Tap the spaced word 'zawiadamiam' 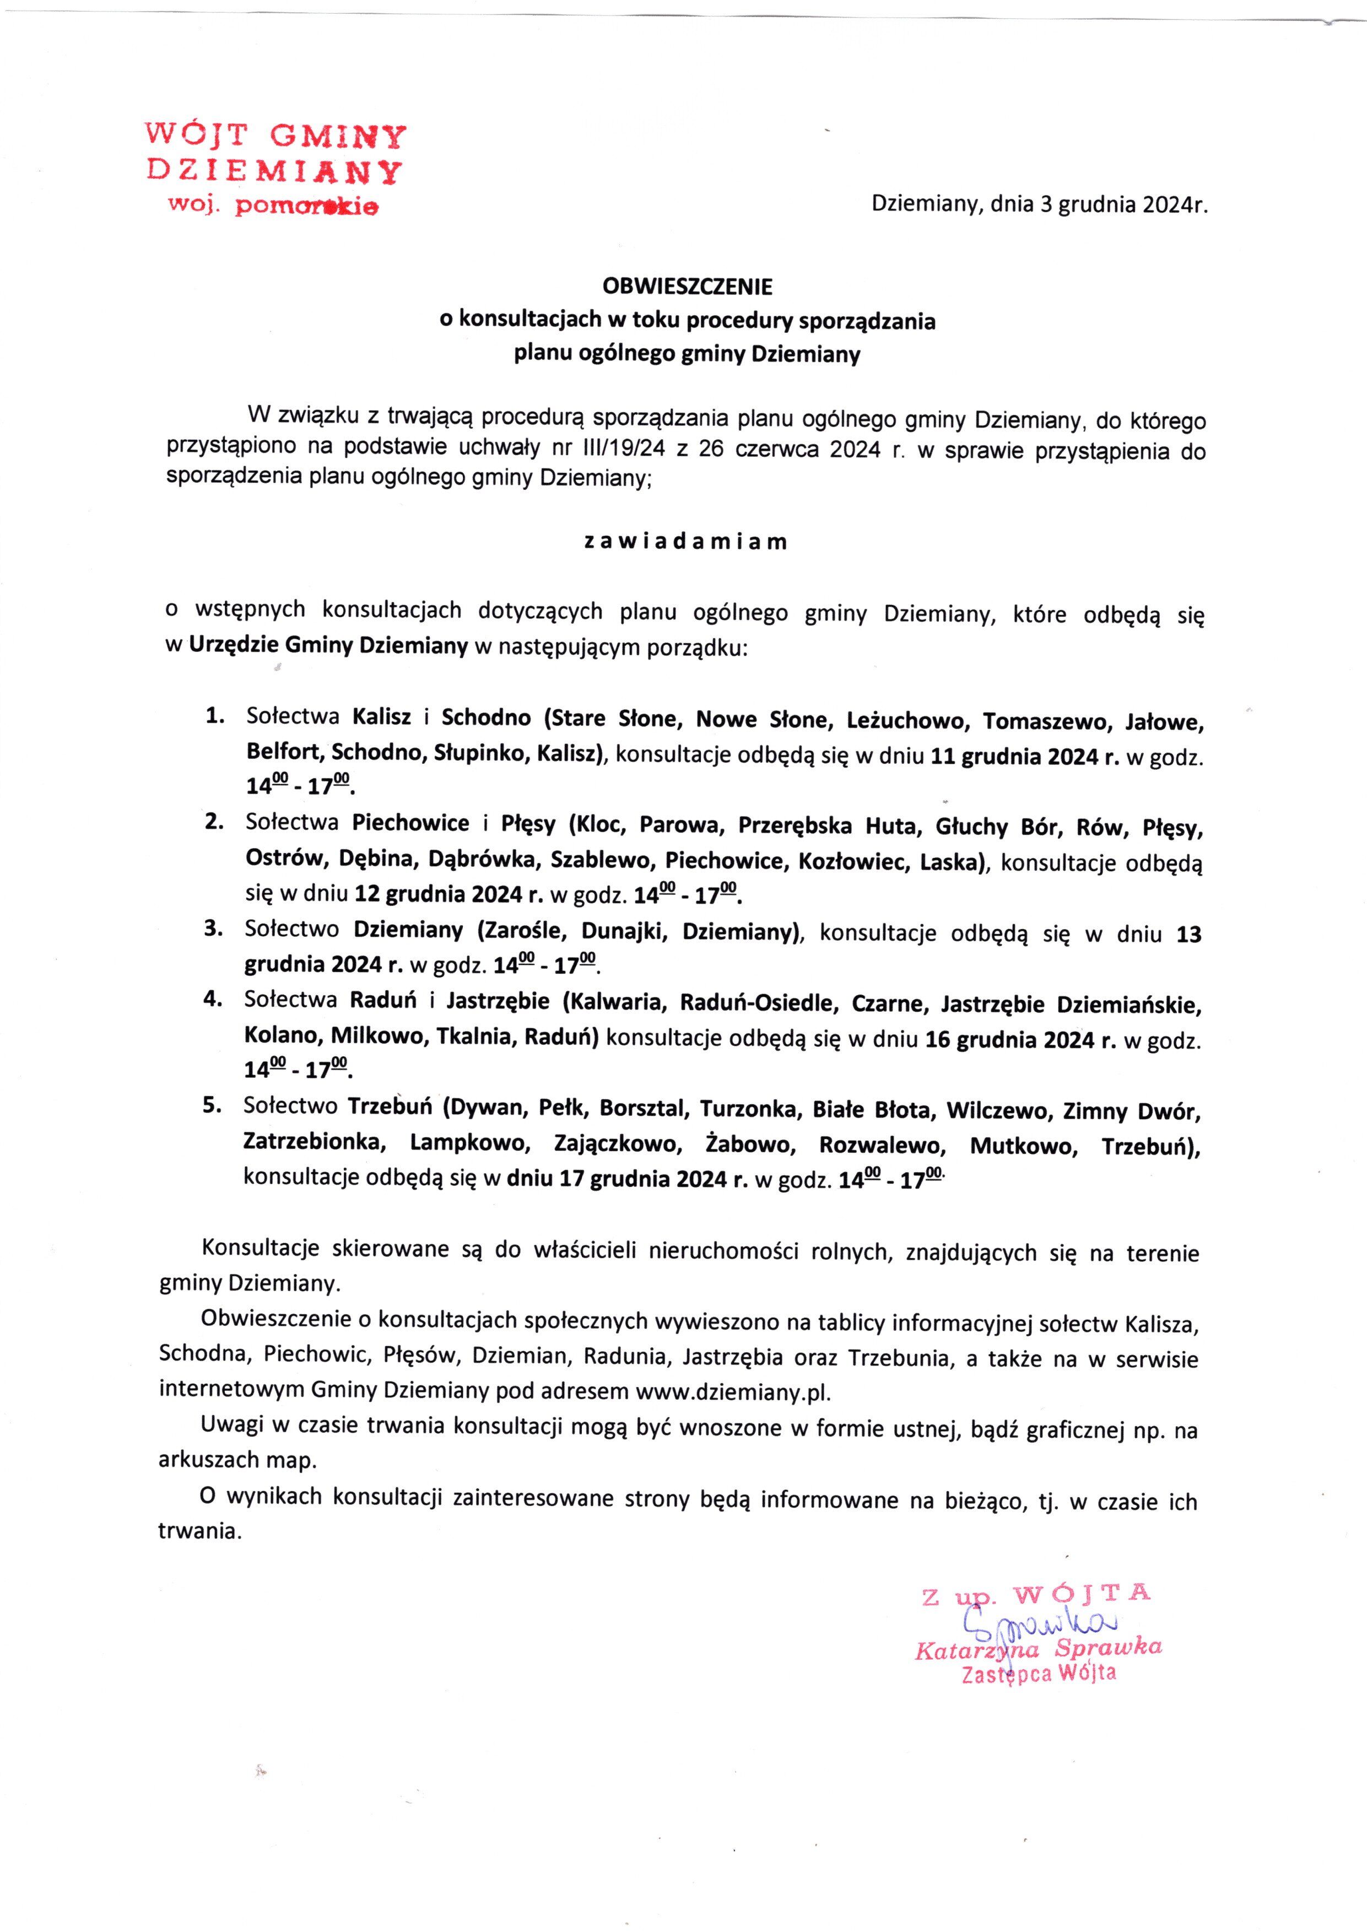686,542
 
